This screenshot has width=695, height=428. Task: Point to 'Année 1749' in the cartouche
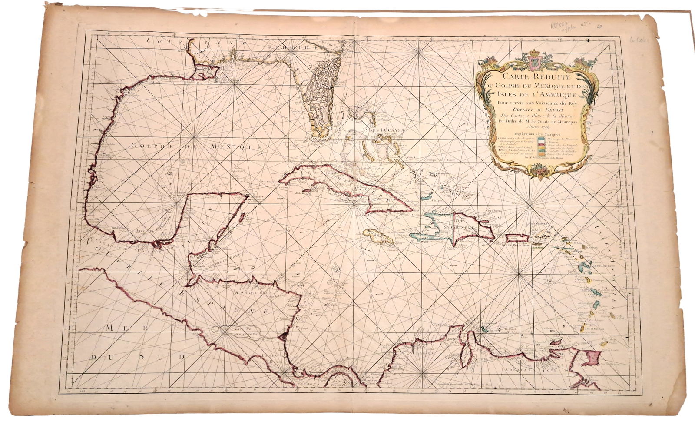tap(536, 127)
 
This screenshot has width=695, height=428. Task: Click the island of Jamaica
tap(378, 237)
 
